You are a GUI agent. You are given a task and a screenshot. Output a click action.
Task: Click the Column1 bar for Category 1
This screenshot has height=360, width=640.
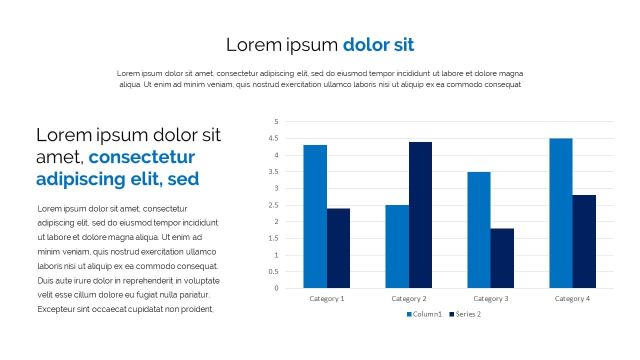tap(315, 216)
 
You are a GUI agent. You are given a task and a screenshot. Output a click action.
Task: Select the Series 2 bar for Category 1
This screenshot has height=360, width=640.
tap(338, 248)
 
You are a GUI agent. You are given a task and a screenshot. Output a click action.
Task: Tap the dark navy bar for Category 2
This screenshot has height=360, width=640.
tap(420, 215)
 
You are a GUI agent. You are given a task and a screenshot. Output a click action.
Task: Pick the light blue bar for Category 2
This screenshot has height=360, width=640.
tap(397, 246)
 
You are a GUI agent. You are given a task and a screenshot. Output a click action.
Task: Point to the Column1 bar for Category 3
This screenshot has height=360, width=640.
tap(479, 230)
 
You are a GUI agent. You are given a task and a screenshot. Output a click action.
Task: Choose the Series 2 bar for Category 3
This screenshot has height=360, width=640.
tap(502, 258)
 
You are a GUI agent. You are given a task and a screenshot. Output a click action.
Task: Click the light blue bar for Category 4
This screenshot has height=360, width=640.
tap(561, 213)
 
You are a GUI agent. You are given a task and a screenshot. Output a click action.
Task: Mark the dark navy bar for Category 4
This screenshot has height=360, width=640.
tap(584, 241)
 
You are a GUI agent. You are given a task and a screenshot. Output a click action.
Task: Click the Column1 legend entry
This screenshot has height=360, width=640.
tap(424, 314)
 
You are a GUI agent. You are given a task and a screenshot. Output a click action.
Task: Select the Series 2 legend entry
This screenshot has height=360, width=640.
tap(465, 314)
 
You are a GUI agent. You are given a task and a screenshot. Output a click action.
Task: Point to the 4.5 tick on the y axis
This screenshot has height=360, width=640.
tap(273, 138)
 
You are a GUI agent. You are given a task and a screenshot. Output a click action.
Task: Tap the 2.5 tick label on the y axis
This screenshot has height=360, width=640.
tap(273, 205)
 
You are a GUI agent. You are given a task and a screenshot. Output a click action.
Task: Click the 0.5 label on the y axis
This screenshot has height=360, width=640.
tap(273, 271)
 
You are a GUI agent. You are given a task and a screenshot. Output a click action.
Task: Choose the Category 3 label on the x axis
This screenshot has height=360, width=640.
tap(491, 299)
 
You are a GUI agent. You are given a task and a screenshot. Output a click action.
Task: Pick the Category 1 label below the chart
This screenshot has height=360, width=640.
tap(327, 299)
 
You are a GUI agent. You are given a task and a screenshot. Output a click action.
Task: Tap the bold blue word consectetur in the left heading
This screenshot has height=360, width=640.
tap(141, 157)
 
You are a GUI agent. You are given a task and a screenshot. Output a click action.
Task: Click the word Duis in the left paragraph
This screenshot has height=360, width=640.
tap(45, 281)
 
